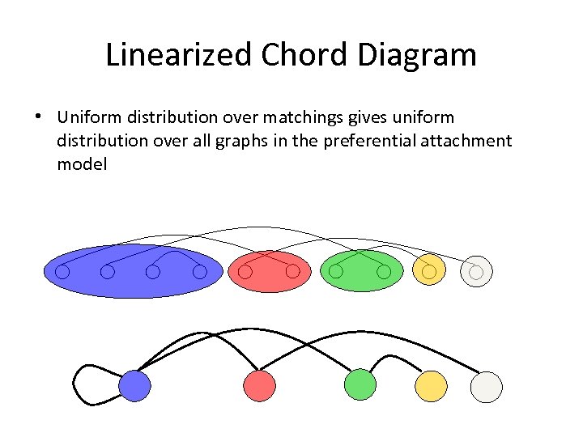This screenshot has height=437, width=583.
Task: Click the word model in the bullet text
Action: pos(82,164)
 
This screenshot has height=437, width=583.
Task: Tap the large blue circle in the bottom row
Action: pos(134,386)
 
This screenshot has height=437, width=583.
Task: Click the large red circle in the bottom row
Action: pos(259,386)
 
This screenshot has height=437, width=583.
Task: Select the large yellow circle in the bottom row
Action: pos(431,386)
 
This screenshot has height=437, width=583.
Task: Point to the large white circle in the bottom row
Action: pos(487,386)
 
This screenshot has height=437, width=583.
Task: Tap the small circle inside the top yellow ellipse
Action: pos(428,271)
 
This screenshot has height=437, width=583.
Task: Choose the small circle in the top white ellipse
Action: pos(476,273)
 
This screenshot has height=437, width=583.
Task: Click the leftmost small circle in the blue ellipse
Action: pos(62,272)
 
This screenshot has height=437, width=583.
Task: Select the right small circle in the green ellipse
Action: pos(384,271)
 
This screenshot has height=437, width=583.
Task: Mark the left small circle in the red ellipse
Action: pos(245,272)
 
